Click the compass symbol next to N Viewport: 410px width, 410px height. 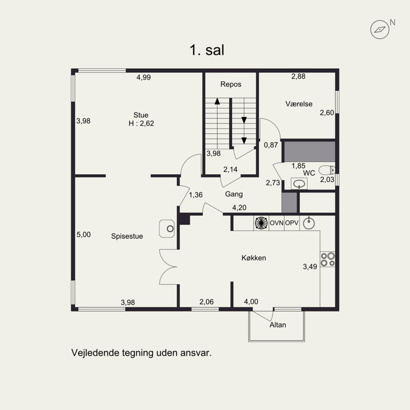point(380,30)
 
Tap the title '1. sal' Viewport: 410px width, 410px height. point(207,50)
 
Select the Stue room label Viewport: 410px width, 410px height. point(140,115)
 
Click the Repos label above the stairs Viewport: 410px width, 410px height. point(231,84)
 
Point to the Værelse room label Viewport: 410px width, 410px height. point(299,104)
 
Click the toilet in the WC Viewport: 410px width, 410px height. point(327,170)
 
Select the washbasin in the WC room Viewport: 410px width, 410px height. point(299,183)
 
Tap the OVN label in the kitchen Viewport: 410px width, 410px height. point(276,223)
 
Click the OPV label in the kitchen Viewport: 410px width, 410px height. point(292,223)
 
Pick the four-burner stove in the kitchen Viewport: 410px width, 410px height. point(327,259)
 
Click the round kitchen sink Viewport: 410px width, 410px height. point(309,223)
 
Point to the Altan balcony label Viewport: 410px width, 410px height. point(278,325)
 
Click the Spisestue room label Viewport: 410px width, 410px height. point(127,236)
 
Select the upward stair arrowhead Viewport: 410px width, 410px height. point(217,101)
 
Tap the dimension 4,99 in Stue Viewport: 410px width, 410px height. point(143,77)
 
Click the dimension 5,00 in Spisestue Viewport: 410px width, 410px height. point(84,235)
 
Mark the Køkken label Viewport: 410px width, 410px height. point(254,258)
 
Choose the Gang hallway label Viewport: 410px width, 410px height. point(234,194)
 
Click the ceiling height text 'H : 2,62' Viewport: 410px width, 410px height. point(141,124)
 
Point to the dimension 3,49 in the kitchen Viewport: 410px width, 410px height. point(310,266)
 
